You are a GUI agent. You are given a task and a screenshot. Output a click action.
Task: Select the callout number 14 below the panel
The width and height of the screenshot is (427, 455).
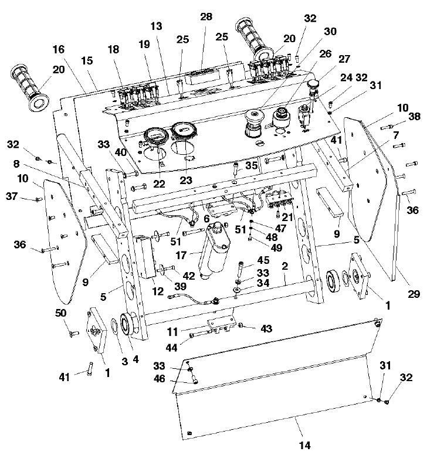(x=304, y=445)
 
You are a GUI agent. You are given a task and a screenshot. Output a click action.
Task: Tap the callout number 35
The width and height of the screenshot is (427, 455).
(x=251, y=165)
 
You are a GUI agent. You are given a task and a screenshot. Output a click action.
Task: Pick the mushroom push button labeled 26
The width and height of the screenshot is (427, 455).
(x=255, y=121)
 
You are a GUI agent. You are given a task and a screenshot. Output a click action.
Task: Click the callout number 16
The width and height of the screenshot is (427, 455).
(x=57, y=49)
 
